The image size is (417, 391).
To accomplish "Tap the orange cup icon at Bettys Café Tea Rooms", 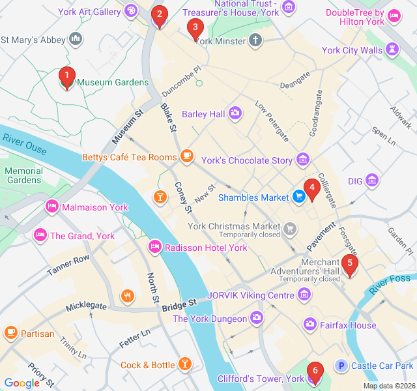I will (x=187, y=156).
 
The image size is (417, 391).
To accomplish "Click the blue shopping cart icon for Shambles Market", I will (x=298, y=196).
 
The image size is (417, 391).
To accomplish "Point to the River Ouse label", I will (x=24, y=144).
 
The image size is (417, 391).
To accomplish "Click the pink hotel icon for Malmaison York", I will (x=52, y=207).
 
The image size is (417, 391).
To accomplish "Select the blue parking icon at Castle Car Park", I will (x=340, y=366).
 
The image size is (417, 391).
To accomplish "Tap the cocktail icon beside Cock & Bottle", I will (x=186, y=364).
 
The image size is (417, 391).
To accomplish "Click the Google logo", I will (x=22, y=383).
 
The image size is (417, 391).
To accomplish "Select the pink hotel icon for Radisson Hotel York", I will (x=155, y=247).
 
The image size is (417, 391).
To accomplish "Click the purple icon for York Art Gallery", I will (x=131, y=11).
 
